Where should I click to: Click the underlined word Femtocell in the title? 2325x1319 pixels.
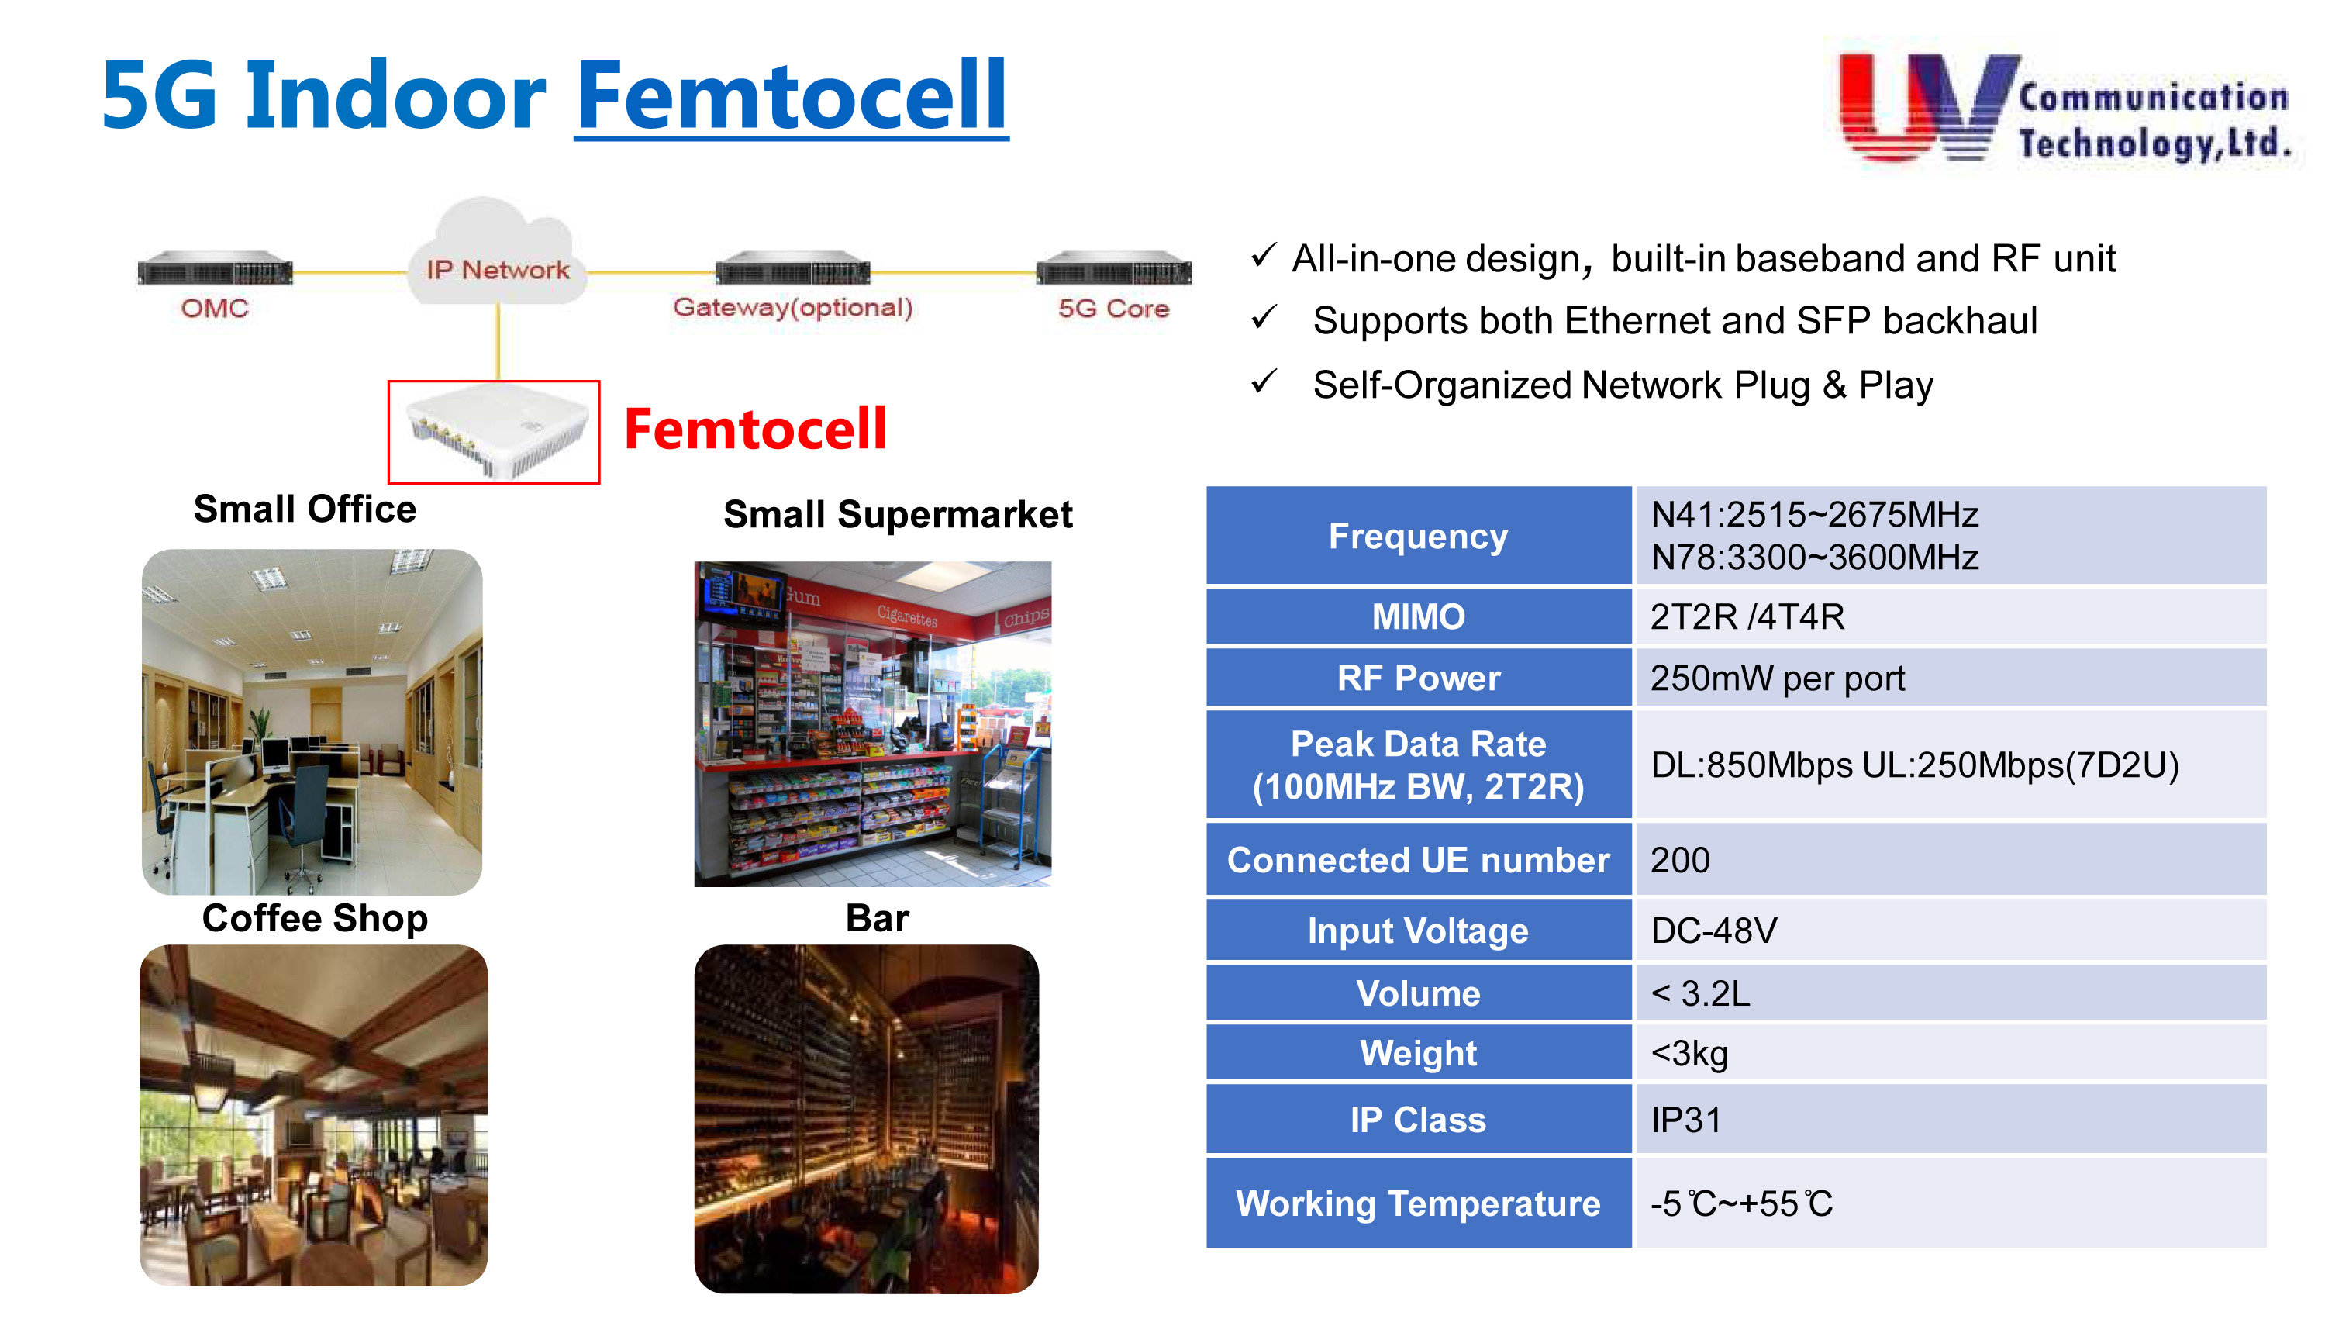point(791,95)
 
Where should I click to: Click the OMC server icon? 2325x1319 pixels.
point(215,269)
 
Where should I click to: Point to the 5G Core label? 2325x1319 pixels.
point(1113,308)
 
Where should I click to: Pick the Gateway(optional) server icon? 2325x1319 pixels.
point(792,269)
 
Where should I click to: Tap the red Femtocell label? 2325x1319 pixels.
point(754,429)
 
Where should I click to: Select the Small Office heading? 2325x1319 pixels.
point(305,509)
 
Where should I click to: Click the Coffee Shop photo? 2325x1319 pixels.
point(313,1115)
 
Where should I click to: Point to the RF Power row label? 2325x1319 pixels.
point(1419,678)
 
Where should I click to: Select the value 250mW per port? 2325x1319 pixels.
point(1777,678)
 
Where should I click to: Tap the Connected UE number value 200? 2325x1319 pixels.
point(1680,860)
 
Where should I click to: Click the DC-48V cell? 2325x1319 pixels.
point(1951,931)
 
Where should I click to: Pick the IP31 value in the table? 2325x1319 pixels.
point(1685,1120)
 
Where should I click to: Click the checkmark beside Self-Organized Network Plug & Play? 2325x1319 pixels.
point(1264,382)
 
